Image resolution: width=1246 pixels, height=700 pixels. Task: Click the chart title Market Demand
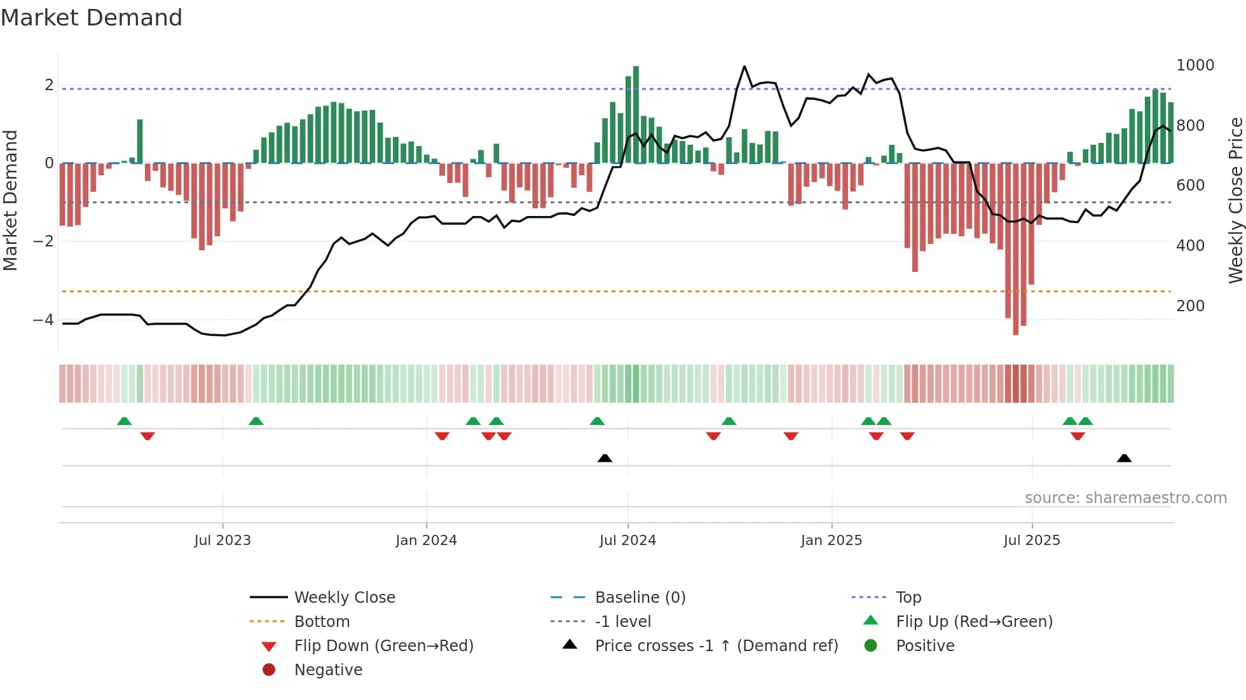[92, 18]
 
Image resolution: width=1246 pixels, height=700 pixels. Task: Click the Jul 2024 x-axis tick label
[627, 541]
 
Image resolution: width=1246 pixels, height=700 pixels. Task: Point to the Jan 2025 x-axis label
[831, 541]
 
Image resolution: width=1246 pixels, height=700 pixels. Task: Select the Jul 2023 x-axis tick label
[222, 541]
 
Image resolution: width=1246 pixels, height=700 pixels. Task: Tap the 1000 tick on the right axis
[1195, 65]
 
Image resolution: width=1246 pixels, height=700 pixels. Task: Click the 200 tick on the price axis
[1190, 306]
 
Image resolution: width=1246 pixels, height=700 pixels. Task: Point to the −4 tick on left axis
[43, 320]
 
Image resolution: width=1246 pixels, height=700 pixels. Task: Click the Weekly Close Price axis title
[1235, 200]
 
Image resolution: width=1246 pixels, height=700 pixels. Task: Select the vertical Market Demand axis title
[10, 200]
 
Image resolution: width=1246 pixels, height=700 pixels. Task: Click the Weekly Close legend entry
[344, 598]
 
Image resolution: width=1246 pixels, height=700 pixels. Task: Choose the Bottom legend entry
[322, 622]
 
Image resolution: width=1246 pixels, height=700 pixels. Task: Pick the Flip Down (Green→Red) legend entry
[383, 646]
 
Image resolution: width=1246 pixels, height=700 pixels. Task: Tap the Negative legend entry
[328, 670]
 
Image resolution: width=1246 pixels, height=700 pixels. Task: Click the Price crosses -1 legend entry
[716, 646]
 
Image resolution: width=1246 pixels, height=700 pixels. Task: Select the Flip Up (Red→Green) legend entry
[974, 622]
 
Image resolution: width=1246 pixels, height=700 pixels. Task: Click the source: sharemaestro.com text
[1125, 498]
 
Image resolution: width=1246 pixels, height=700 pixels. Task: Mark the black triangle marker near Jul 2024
[605, 458]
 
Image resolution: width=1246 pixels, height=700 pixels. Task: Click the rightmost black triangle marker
[1124, 458]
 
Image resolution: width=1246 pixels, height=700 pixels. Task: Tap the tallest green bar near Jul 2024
[636, 114]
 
